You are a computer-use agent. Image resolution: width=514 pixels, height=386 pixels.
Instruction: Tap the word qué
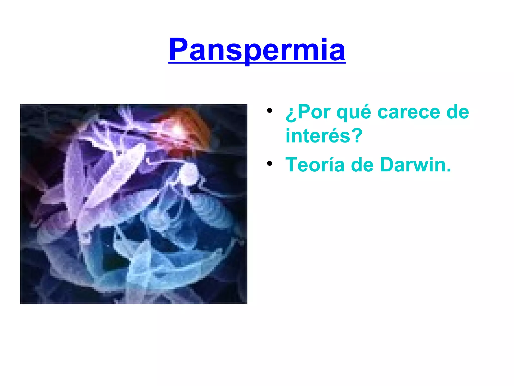tap(354, 112)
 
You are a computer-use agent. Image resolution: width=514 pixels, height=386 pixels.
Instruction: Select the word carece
tap(409, 112)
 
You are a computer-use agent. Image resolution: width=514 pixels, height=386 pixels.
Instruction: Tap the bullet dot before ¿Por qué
tap(270, 111)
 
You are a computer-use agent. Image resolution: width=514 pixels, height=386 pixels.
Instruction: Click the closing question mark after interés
tap(357, 136)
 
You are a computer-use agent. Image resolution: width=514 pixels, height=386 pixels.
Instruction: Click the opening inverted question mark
tap(291, 114)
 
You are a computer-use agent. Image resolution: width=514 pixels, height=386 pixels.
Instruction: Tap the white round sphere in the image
tap(189, 173)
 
